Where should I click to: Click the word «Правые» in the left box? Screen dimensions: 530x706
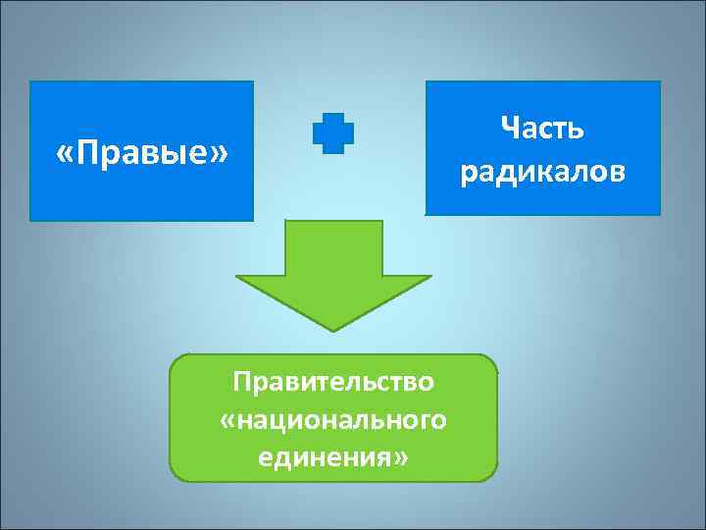(x=142, y=153)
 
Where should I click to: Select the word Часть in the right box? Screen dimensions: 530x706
(x=542, y=129)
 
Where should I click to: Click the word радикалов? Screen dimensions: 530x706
(x=542, y=173)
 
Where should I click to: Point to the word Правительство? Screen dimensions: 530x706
(x=333, y=380)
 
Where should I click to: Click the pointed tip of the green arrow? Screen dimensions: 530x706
(x=333, y=327)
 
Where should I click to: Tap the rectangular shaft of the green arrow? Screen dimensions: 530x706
(x=333, y=246)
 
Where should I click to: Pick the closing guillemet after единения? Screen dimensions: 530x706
(x=398, y=458)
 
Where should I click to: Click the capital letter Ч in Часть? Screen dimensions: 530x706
(x=508, y=129)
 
